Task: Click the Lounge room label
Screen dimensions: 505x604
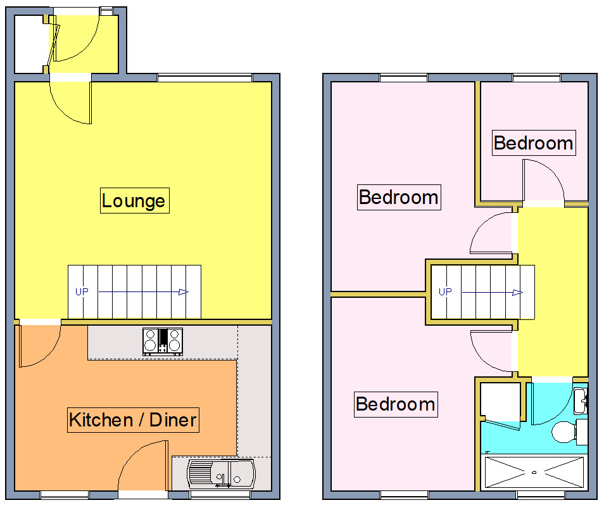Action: [x=134, y=201]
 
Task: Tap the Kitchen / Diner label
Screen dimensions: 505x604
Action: [x=133, y=419]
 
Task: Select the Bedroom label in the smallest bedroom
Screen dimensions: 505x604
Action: [x=533, y=143]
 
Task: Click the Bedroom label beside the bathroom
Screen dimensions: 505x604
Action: [x=395, y=404]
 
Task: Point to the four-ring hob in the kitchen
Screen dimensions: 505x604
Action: [x=163, y=340]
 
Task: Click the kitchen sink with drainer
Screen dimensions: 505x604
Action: [x=221, y=473]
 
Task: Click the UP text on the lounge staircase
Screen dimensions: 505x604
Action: [x=82, y=292]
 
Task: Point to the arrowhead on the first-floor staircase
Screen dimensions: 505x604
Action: [x=517, y=292]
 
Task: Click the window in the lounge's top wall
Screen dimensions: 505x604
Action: [x=204, y=78]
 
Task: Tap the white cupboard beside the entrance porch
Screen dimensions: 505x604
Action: [x=29, y=44]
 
